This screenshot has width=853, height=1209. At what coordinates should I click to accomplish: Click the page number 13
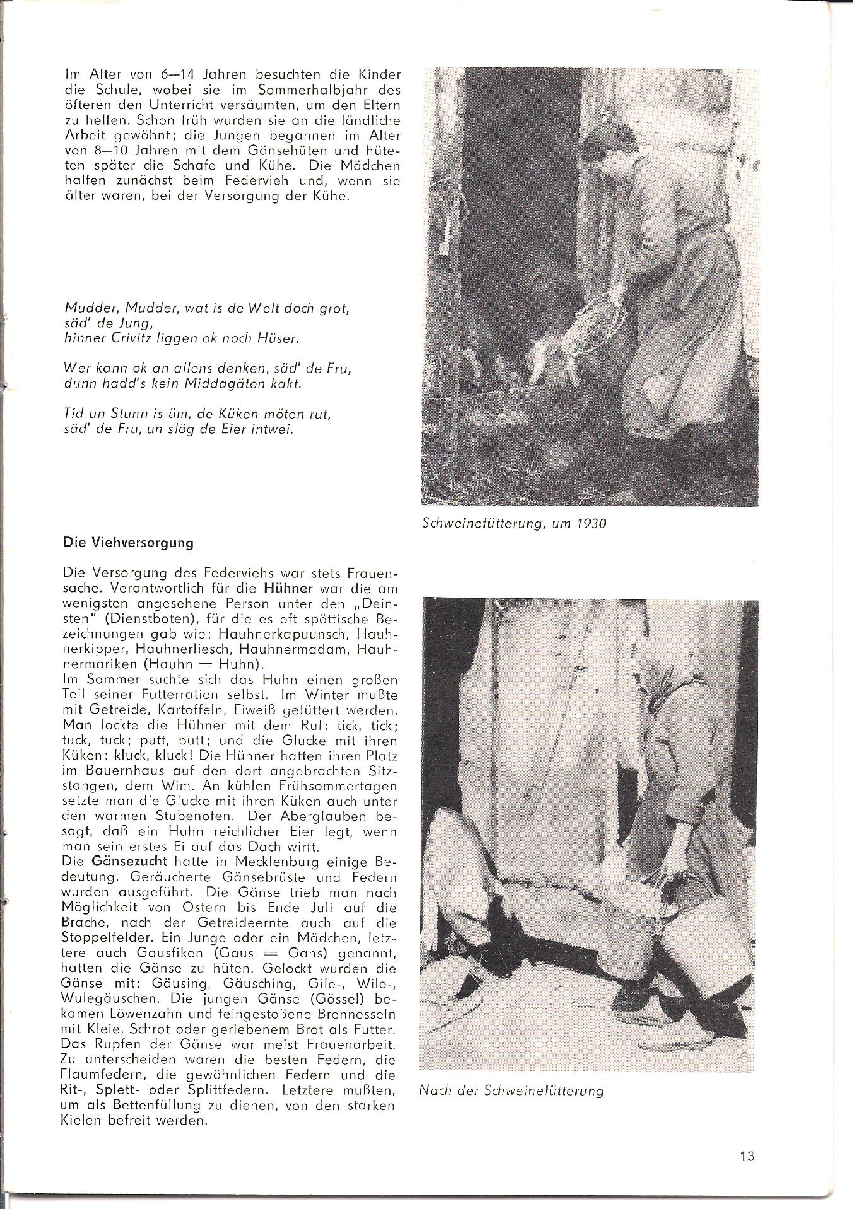[x=748, y=1156]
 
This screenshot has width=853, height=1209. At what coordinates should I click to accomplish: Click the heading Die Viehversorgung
[x=129, y=543]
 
